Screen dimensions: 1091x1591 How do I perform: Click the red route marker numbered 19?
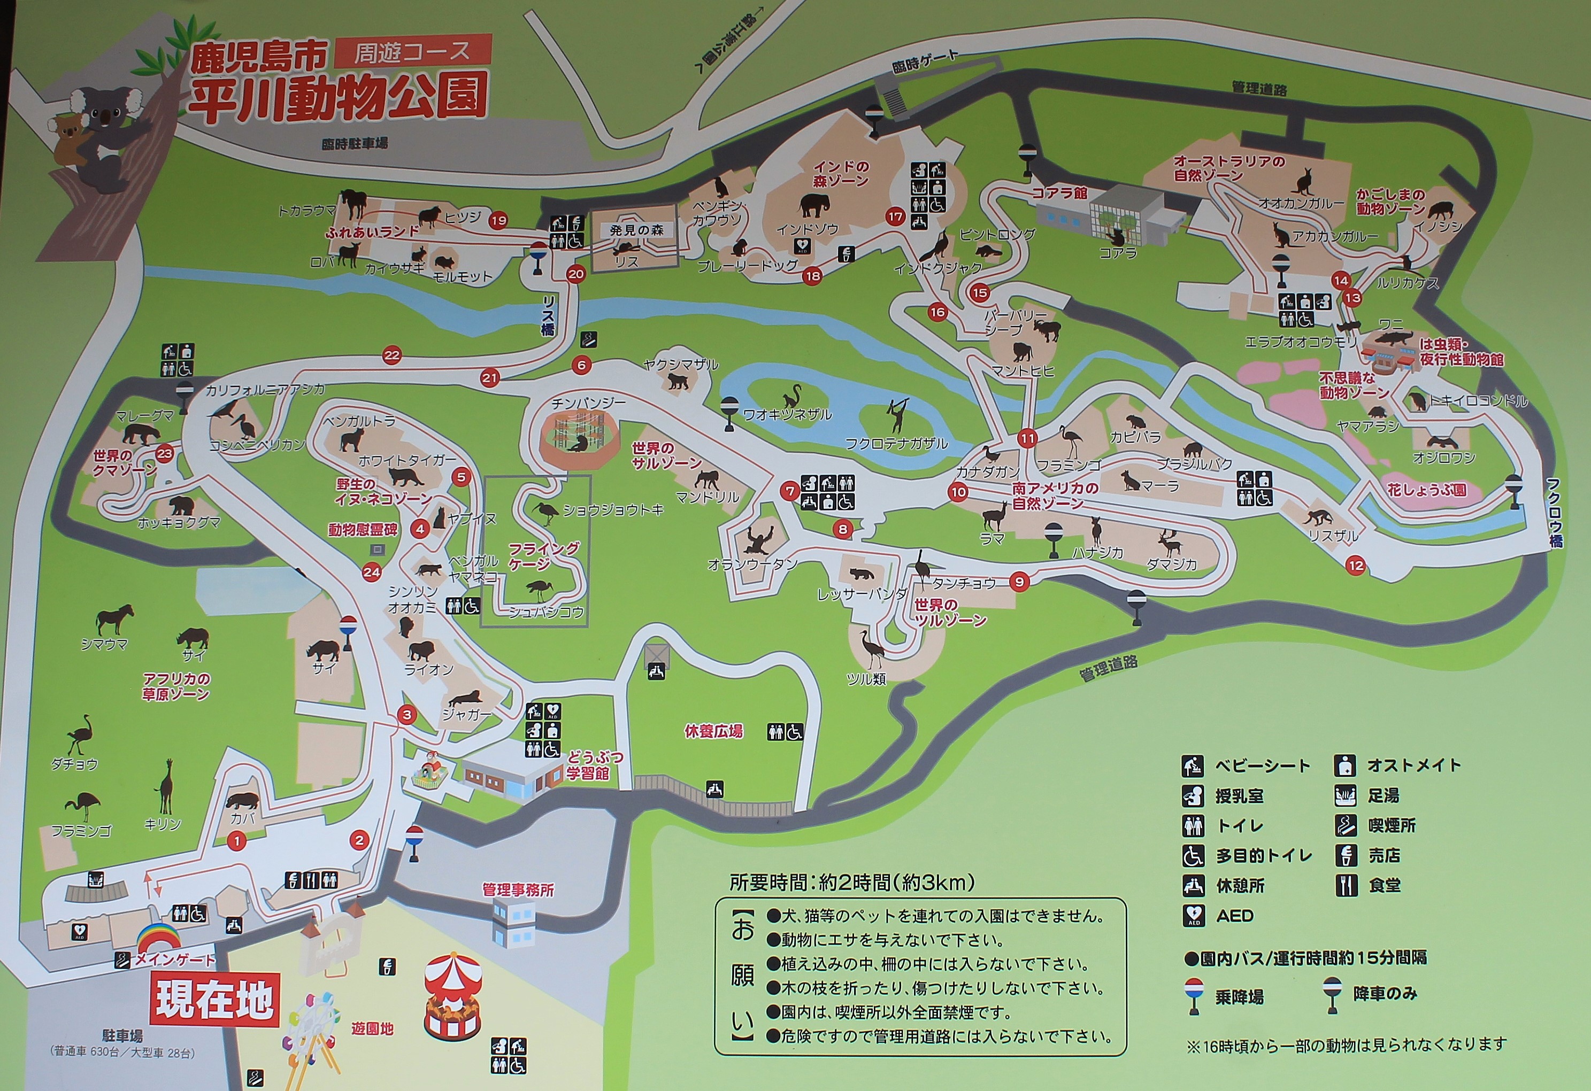click(498, 220)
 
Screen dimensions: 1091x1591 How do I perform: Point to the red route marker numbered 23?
click(165, 454)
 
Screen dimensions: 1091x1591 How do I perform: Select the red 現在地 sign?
click(215, 1000)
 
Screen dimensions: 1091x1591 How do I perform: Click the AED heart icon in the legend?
click(1193, 915)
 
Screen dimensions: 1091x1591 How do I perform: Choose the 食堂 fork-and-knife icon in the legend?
click(1345, 885)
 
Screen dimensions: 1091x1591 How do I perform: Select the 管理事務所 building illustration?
click(513, 921)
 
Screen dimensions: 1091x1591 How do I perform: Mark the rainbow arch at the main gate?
click(159, 937)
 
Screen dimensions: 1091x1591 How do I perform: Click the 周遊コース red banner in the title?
click(413, 52)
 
